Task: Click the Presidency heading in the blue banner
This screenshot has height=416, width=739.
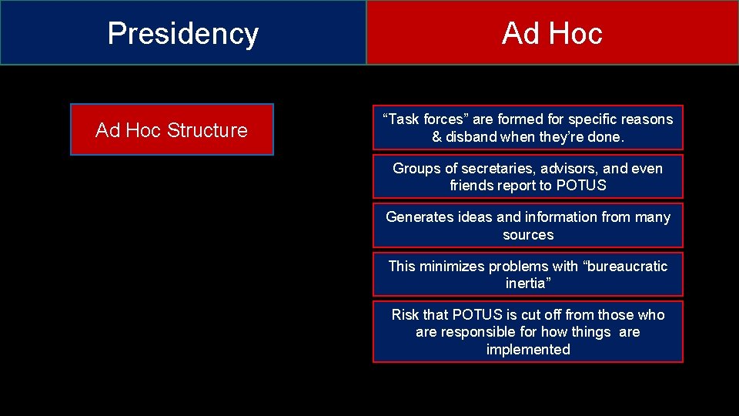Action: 183,33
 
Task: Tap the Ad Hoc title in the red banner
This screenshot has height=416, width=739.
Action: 552,33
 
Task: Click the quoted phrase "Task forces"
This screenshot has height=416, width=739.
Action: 426,119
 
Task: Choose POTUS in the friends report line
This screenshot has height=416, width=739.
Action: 582,186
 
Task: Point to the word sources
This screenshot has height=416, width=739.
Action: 528,234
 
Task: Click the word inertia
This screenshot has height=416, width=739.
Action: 528,283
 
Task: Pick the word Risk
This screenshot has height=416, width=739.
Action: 406,315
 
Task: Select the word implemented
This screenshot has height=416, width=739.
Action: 528,350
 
